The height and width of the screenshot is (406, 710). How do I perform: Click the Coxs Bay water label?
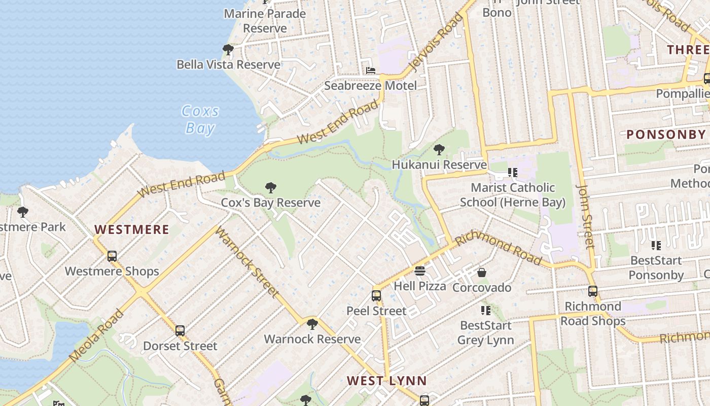click(x=200, y=119)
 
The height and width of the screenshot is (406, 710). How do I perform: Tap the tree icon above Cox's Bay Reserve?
click(x=271, y=188)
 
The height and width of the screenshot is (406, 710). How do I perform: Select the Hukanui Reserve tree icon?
click(x=439, y=150)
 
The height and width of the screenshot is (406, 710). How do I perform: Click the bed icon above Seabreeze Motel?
click(x=371, y=71)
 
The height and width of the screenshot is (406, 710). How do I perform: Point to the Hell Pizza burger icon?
click(x=420, y=271)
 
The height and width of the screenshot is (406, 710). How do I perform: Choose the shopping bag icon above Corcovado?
click(x=482, y=273)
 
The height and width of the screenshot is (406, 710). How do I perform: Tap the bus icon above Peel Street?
click(x=376, y=296)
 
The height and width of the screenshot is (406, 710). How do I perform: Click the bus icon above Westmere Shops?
click(x=112, y=256)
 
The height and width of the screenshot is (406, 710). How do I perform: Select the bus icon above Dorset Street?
click(x=180, y=331)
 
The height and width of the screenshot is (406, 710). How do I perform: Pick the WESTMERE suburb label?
click(x=132, y=229)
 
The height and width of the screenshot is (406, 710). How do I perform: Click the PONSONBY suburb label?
click(x=666, y=134)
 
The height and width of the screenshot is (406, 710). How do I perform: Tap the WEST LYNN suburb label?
click(x=387, y=381)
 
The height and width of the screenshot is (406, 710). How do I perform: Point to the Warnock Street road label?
click(x=247, y=262)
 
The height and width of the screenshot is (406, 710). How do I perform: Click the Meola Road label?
click(x=96, y=336)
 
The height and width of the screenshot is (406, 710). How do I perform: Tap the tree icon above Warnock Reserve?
click(x=312, y=324)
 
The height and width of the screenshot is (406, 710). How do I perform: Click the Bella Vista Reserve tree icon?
click(x=228, y=50)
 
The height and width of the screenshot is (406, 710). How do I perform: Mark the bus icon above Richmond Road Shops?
click(x=593, y=291)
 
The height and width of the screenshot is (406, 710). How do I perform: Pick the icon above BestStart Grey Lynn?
click(x=486, y=310)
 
